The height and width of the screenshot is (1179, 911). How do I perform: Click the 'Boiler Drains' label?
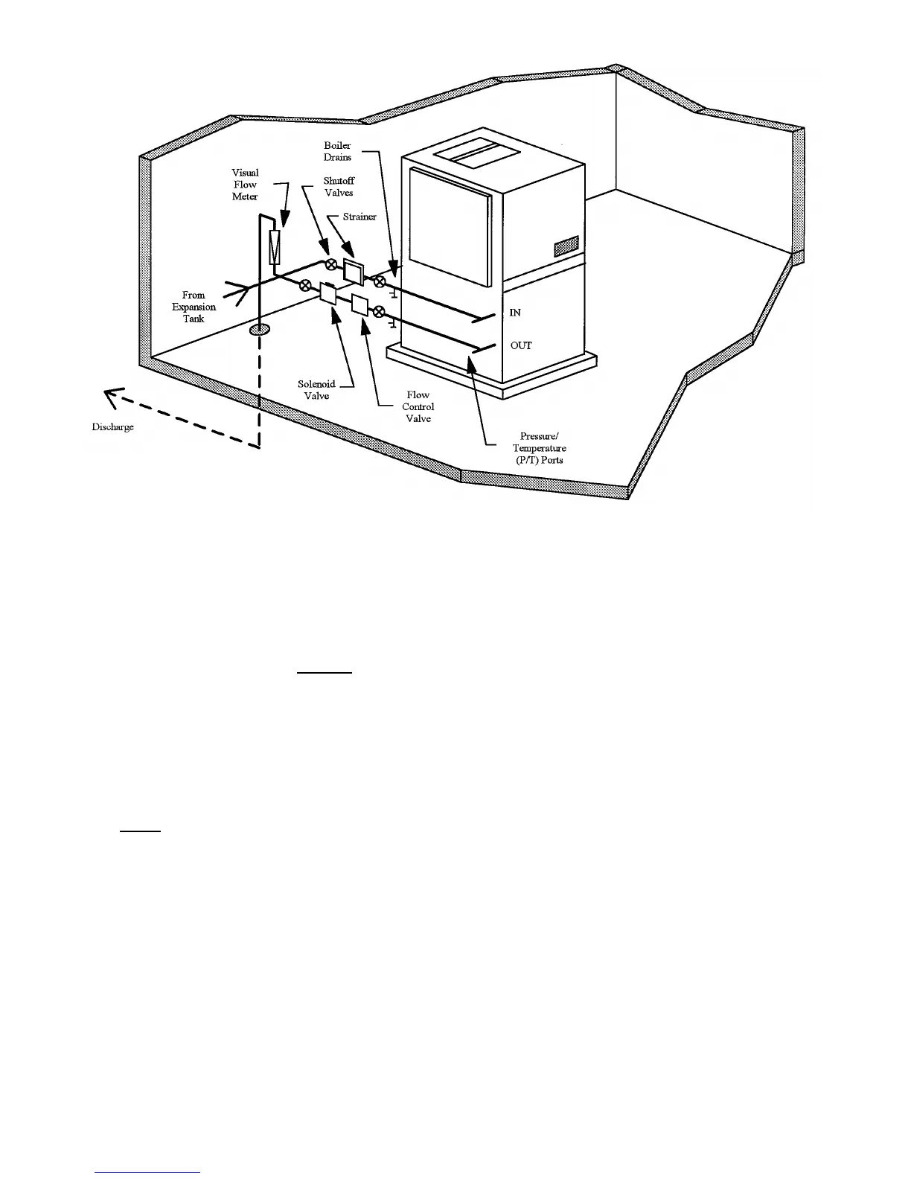coord(337,151)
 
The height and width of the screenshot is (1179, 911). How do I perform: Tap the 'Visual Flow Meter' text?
coord(245,185)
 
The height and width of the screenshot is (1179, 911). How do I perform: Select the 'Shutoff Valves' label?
coord(339,187)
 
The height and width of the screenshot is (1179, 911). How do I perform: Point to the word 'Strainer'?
coord(359,217)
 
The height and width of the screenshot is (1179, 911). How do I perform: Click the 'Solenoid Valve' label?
coord(316,390)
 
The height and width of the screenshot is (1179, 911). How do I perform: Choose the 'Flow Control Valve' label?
coord(418,406)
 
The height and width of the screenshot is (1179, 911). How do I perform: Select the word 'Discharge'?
coord(112,427)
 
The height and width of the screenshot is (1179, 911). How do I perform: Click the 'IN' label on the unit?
coord(514,313)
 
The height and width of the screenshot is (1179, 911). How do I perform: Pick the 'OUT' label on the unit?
coord(520,346)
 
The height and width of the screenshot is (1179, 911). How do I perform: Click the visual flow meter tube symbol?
coord(275,246)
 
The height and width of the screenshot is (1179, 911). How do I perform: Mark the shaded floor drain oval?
coord(260,328)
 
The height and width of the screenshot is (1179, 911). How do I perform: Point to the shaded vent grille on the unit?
coord(566,246)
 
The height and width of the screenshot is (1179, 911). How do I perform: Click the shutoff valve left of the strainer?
coord(330,264)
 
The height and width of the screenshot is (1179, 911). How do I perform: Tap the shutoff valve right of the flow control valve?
coord(378,311)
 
